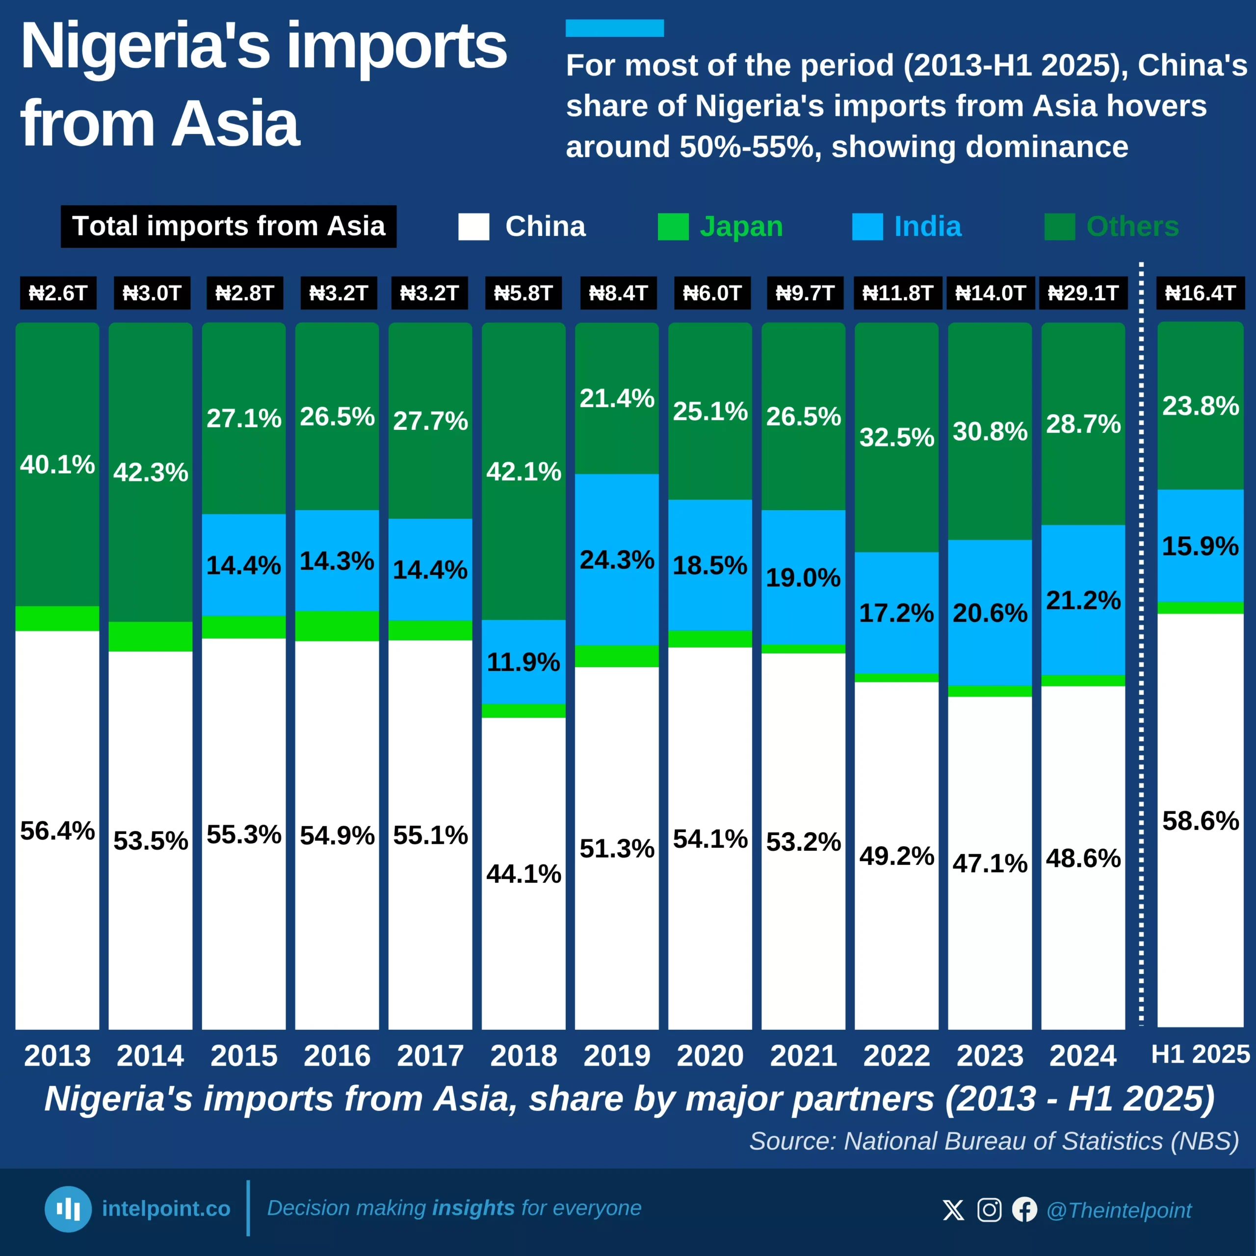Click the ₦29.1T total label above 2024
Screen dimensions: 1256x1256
(x=1082, y=293)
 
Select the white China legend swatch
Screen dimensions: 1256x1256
(x=473, y=227)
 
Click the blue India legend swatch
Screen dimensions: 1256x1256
(x=867, y=227)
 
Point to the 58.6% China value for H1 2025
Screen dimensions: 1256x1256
(x=1200, y=820)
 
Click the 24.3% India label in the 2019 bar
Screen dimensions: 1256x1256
(x=616, y=560)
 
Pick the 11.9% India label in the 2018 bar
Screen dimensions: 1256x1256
(x=523, y=662)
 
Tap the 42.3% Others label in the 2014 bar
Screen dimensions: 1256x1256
(x=151, y=472)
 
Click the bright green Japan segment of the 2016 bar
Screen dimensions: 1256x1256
(x=337, y=626)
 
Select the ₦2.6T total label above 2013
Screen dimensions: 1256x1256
(x=58, y=293)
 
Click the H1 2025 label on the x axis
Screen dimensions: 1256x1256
(x=1200, y=1054)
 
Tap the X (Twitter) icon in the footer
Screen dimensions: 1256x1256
(x=953, y=1210)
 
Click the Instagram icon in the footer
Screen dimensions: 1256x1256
(x=989, y=1210)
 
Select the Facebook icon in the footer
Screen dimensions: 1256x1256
(x=1024, y=1210)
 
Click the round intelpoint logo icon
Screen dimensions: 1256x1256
(x=68, y=1209)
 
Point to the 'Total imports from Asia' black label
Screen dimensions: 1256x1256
(x=228, y=226)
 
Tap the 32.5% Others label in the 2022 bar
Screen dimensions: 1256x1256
(x=896, y=437)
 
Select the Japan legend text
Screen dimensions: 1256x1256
(x=741, y=227)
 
